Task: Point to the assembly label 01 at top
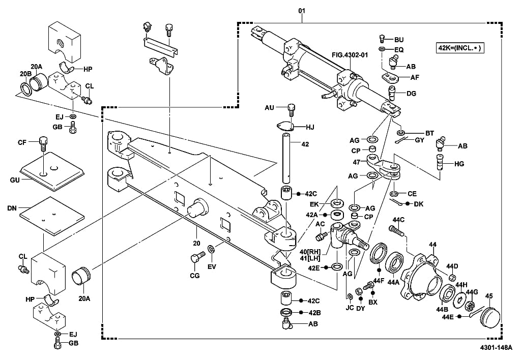click(x=302, y=11)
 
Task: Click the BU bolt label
click(x=399, y=39)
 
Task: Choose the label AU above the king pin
click(x=270, y=108)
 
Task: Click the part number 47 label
click(x=357, y=162)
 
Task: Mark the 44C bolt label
click(x=398, y=220)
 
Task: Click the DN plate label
click(x=12, y=208)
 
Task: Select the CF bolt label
click(x=22, y=143)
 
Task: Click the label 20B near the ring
click(x=25, y=74)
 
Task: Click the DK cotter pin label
click(x=418, y=204)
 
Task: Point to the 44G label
click(x=472, y=292)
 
